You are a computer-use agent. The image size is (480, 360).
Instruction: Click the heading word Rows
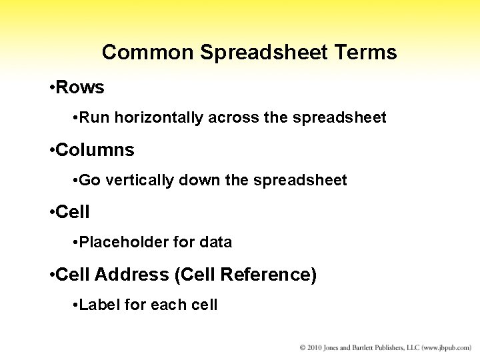[80, 87]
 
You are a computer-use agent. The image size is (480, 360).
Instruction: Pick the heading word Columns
[95, 150]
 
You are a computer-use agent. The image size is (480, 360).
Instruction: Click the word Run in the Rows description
[95, 118]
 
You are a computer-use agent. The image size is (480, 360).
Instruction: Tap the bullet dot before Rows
[51, 88]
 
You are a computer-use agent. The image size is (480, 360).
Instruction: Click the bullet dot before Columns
[51, 151]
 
